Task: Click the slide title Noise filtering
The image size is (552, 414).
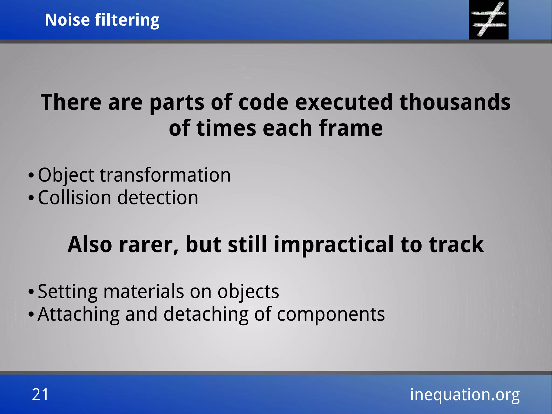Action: tap(102, 20)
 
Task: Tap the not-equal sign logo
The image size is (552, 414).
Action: tap(488, 19)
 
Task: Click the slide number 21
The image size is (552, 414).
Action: tap(40, 394)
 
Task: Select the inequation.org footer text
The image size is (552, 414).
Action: tap(464, 394)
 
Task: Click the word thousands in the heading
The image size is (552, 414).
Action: tap(455, 102)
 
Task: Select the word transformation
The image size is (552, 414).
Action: tap(165, 175)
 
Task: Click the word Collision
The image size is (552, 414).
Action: tap(74, 198)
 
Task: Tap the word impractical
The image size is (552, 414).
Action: tap(333, 245)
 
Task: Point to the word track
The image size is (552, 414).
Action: tap(456, 245)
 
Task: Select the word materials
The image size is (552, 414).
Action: tap(143, 292)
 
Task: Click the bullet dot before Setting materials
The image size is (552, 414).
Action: tap(31, 292)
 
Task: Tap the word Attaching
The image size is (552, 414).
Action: tap(78, 314)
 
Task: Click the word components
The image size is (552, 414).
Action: tap(331, 315)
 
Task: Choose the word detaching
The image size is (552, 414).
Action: tap(206, 314)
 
